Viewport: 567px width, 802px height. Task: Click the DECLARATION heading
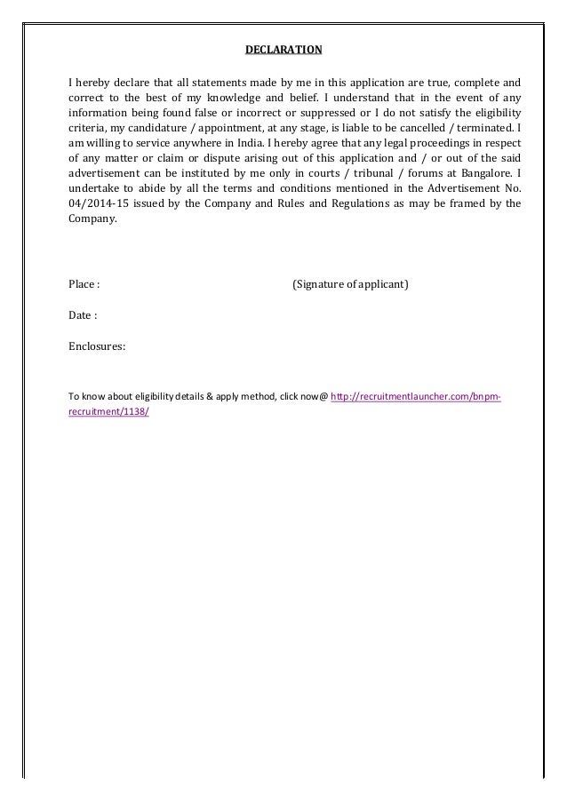(x=283, y=47)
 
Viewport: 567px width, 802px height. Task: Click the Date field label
(x=82, y=314)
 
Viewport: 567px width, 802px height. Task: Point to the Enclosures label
(x=97, y=345)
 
